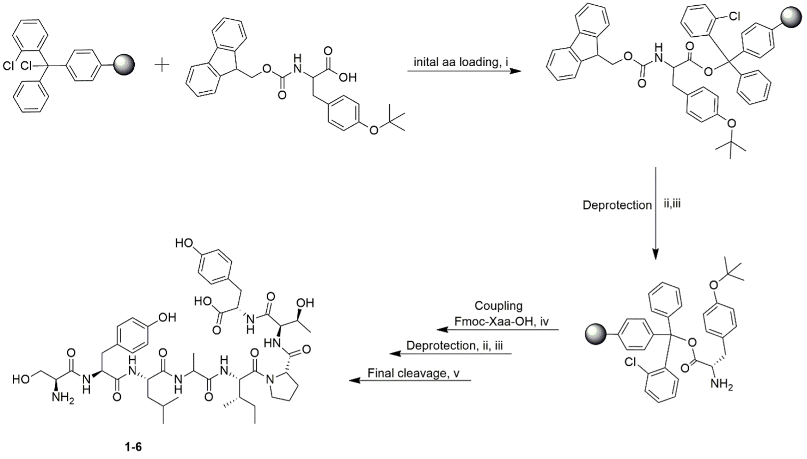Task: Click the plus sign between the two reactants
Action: [161, 65]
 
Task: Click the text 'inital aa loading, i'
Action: [461, 62]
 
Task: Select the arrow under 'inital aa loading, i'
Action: [463, 70]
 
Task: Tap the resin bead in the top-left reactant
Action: [125, 65]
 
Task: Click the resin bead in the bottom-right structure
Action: [594, 335]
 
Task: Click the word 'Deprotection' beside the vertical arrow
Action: [617, 205]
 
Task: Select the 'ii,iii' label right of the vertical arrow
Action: [672, 204]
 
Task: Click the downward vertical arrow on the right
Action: [656, 213]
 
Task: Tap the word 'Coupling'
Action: [499, 306]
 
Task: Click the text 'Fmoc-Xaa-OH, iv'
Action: [501, 322]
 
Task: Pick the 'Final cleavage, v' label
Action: [413, 373]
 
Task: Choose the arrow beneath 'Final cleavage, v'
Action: [410, 381]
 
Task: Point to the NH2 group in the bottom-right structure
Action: [722, 384]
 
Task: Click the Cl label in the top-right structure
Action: [735, 17]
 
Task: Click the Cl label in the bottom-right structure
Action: [631, 363]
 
